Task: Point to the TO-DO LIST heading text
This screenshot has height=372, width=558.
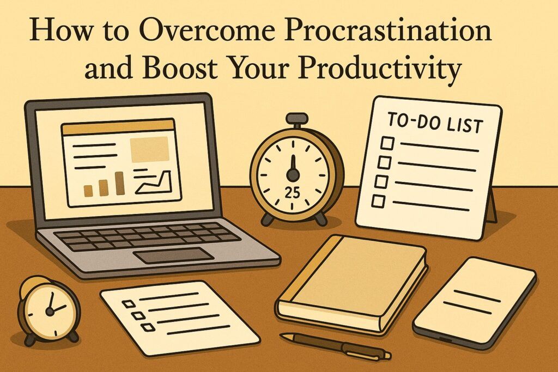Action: click(x=435, y=123)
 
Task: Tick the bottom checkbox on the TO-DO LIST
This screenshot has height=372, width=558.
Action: click(x=378, y=200)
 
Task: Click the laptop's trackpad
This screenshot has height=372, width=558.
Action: click(x=173, y=255)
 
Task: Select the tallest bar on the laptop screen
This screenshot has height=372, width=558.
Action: click(x=120, y=183)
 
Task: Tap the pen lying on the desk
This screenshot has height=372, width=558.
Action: click(x=336, y=345)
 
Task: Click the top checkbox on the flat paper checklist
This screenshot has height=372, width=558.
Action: click(x=130, y=303)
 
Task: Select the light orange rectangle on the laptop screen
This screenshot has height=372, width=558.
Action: click(x=149, y=149)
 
